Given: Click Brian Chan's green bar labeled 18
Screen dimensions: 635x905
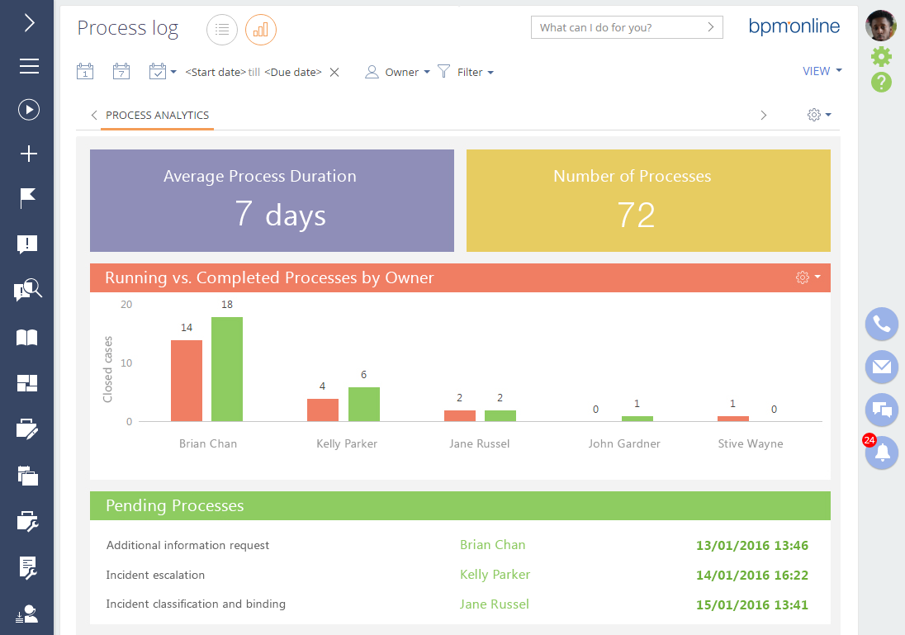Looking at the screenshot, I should (x=227, y=369).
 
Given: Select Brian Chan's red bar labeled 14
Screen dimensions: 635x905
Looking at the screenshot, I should (x=187, y=381).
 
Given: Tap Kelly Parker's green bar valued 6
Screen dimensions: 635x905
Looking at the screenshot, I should (x=364, y=404).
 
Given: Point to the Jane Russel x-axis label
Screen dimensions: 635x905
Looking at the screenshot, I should (x=479, y=443).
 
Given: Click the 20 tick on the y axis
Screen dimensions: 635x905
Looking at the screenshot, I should (x=126, y=305).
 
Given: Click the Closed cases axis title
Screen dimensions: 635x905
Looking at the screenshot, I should (x=107, y=369).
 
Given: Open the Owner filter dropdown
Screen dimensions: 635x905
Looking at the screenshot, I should (x=398, y=72).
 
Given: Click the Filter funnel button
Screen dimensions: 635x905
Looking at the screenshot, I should (x=465, y=72).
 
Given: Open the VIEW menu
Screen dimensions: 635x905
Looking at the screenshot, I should (x=822, y=71).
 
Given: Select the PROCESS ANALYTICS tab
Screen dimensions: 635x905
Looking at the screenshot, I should (x=157, y=116).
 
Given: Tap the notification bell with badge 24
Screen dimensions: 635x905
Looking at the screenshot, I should (x=882, y=453).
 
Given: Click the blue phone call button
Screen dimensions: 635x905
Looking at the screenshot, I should (x=882, y=324).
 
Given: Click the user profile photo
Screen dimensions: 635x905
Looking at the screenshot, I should (x=881, y=26).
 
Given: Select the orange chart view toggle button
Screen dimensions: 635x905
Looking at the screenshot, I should (x=261, y=30).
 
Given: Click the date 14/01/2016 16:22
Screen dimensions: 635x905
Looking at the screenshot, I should (x=751, y=576).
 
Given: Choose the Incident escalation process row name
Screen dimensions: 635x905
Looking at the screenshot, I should (x=155, y=575).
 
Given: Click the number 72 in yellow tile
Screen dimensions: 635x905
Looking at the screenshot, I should (x=636, y=215).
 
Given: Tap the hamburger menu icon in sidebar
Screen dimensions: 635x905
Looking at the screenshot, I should (x=29, y=66).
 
